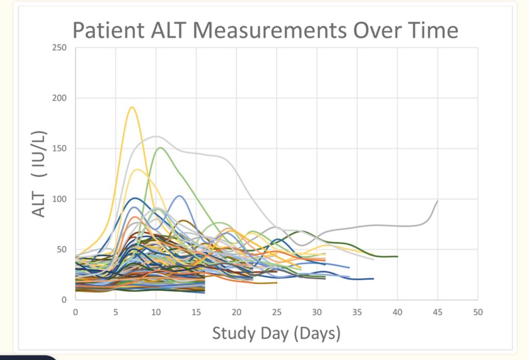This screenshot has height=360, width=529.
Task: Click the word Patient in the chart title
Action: tap(107, 30)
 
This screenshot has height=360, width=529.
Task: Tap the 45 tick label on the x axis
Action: tap(437, 312)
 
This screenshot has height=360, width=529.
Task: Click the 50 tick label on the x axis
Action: tap(477, 312)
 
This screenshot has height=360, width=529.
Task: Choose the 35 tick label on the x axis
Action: tap(357, 312)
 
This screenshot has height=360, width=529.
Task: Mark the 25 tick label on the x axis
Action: tap(276, 312)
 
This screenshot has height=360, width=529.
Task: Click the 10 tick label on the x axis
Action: tap(155, 312)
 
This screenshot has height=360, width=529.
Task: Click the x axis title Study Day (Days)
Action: tap(276, 333)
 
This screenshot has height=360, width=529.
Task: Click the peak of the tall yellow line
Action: tap(132, 107)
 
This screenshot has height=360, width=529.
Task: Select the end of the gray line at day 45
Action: tap(438, 201)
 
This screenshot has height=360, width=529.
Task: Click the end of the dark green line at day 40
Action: tap(397, 256)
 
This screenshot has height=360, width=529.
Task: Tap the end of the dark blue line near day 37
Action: tap(373, 278)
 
